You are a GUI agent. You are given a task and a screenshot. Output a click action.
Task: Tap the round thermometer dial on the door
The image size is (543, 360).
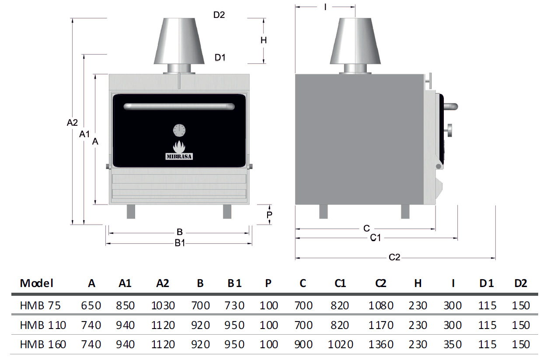pos(179,130)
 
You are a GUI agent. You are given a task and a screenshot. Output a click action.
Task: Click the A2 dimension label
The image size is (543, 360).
pos(72,123)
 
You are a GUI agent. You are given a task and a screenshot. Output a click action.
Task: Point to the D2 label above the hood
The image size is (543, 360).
pos(219,15)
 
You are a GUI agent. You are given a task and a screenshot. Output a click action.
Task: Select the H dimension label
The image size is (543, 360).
pos(264,40)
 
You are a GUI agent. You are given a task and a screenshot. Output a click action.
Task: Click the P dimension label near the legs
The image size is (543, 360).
pos(269,215)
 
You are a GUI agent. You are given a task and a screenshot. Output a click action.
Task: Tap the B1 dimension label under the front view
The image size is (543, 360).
pos(180,243)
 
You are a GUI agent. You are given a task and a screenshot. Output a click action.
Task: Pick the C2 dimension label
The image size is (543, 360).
pos(394,257)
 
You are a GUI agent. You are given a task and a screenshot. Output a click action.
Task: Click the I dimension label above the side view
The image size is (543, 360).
pos(325,7)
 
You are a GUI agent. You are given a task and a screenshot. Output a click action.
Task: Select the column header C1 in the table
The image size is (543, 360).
pos(340,283)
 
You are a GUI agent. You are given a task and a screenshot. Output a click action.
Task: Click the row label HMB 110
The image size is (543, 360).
pos(43,325)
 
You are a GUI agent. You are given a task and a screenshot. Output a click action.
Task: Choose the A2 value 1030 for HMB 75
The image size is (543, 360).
pos(163,305)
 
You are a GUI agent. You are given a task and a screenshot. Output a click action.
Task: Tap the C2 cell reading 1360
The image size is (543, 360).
pos(381,344)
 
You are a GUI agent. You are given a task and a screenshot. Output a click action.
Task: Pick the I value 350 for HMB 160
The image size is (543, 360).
pos(452,344)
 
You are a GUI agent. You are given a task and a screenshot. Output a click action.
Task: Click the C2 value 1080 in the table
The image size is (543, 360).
pos(381,305)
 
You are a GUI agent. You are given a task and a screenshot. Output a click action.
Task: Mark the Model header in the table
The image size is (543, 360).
pos(36,283)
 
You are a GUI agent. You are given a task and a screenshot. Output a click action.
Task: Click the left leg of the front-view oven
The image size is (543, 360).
pos(131,211)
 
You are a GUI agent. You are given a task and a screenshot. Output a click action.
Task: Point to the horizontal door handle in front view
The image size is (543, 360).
pos(179,106)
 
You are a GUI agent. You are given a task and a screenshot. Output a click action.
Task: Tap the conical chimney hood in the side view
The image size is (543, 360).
pos(355,41)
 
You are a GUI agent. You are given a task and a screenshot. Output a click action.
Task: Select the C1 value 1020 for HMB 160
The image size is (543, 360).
pos(340,344)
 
